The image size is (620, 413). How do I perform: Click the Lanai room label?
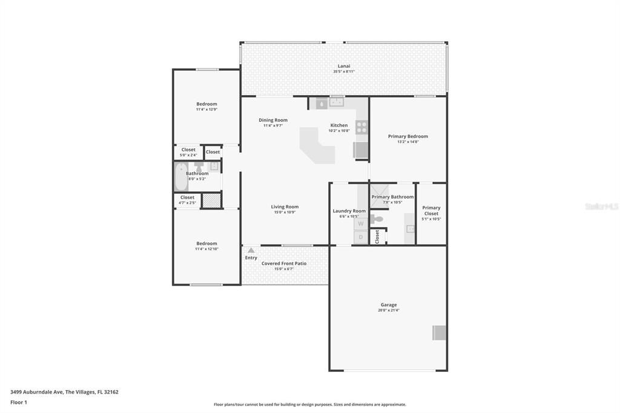pos(343,66)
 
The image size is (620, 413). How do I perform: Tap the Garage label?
pos(388,305)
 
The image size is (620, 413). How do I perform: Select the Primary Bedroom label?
pos(407,136)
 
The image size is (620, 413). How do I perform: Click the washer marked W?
pos(360,223)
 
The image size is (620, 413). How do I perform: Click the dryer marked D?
pos(360,237)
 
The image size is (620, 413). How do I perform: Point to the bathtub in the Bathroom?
pos(181,177)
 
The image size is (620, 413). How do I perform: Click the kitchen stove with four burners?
pos(361,127)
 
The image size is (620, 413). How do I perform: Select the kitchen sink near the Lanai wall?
pos(336,103)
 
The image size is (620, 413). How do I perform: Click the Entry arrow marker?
pos(251,250)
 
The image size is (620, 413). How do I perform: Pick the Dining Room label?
pos(273,120)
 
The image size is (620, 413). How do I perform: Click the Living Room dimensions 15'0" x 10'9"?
pos(285,213)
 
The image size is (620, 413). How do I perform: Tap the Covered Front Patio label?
pos(283,263)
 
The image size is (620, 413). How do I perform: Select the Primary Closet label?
pos(431,211)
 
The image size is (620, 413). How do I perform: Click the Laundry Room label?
pos(349,211)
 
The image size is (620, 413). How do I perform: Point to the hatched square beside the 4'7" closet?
pos(211,200)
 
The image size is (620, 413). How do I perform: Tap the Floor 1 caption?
pos(19,402)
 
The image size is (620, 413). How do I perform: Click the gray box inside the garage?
pos(439,332)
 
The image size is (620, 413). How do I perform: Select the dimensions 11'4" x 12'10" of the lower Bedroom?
pos(206,249)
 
